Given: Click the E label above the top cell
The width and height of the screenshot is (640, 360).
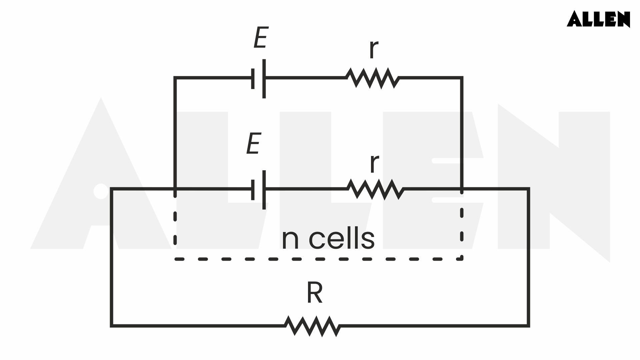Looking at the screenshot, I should click(x=261, y=38).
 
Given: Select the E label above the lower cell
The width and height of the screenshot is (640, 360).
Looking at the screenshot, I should click(x=253, y=144).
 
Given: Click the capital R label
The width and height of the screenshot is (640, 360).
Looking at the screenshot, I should click(x=314, y=293).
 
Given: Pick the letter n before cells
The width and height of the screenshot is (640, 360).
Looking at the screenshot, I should click(x=290, y=240).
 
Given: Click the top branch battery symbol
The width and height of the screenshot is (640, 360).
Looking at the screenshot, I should click(x=259, y=79).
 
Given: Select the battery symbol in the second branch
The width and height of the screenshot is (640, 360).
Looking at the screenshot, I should click(x=259, y=190).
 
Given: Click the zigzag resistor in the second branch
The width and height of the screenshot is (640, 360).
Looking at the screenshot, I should click(x=375, y=189).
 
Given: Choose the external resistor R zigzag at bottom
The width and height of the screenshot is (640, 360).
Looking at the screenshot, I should click(x=313, y=326).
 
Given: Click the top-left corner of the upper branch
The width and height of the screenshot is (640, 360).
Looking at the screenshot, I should click(x=175, y=78).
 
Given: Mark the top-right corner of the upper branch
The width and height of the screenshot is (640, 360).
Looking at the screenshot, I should click(x=462, y=78).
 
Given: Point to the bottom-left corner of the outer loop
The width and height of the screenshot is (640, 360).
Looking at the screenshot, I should click(x=112, y=325).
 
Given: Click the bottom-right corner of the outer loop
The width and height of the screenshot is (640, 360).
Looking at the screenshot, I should click(x=528, y=325).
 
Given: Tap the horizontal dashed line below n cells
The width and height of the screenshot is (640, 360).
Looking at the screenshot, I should click(x=317, y=259).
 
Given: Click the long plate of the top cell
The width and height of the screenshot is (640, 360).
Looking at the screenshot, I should click(x=264, y=79).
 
